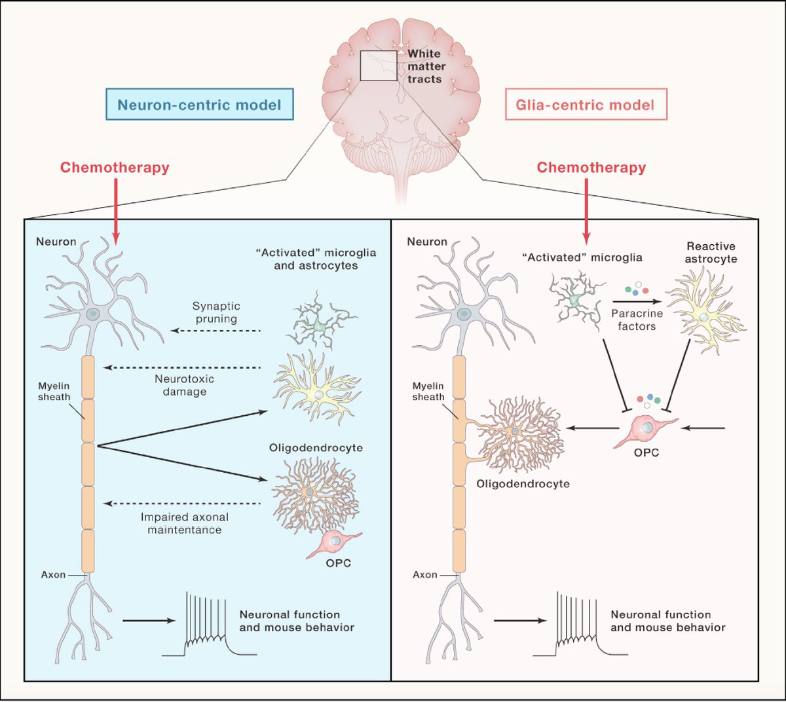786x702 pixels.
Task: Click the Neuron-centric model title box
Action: (x=199, y=105)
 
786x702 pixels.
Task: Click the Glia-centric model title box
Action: (x=585, y=105)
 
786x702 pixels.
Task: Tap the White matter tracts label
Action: (x=425, y=66)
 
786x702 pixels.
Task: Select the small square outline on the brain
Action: (x=379, y=65)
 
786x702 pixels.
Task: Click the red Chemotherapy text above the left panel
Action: (x=115, y=168)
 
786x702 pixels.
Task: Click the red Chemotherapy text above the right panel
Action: (x=591, y=168)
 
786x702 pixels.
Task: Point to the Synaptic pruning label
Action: (x=216, y=312)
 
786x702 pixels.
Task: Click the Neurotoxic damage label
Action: (x=184, y=385)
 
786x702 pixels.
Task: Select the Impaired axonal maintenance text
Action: (x=184, y=523)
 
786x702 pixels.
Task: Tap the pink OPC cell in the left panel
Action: (x=334, y=543)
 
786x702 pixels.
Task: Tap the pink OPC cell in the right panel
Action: (x=644, y=430)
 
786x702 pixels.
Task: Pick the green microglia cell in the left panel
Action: (x=320, y=324)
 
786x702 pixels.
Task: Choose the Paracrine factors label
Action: (x=637, y=320)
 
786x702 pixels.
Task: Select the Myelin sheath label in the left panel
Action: (x=54, y=392)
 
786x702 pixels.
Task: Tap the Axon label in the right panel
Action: (x=425, y=574)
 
